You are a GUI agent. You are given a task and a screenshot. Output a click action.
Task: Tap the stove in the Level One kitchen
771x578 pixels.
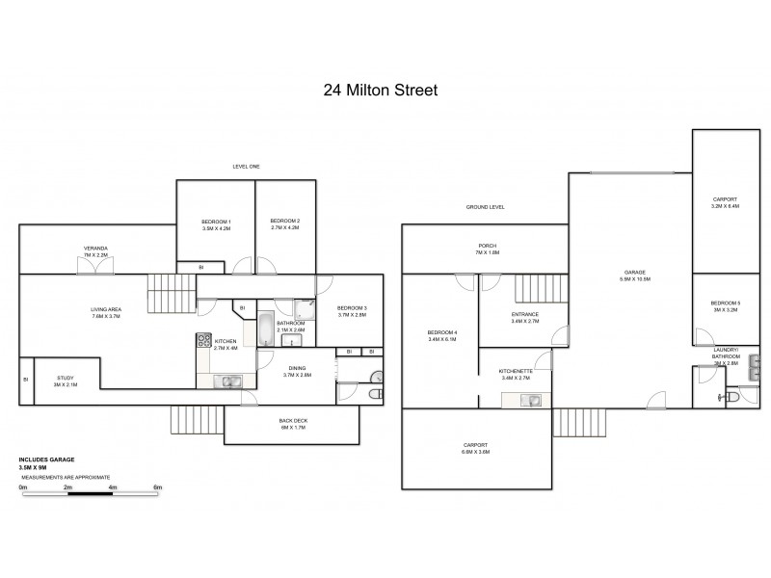(204, 339)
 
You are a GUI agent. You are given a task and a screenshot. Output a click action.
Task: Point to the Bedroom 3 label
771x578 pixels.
(353, 310)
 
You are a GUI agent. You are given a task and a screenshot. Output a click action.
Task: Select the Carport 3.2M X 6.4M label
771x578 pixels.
(724, 202)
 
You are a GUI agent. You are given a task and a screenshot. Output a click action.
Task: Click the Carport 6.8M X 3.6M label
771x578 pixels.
(476, 448)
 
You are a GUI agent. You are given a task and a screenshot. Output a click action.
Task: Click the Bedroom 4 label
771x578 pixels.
(441, 336)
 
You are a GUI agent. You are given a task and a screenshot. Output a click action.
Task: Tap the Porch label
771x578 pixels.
(487, 249)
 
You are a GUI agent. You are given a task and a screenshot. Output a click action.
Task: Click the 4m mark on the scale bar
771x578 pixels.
(113, 487)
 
